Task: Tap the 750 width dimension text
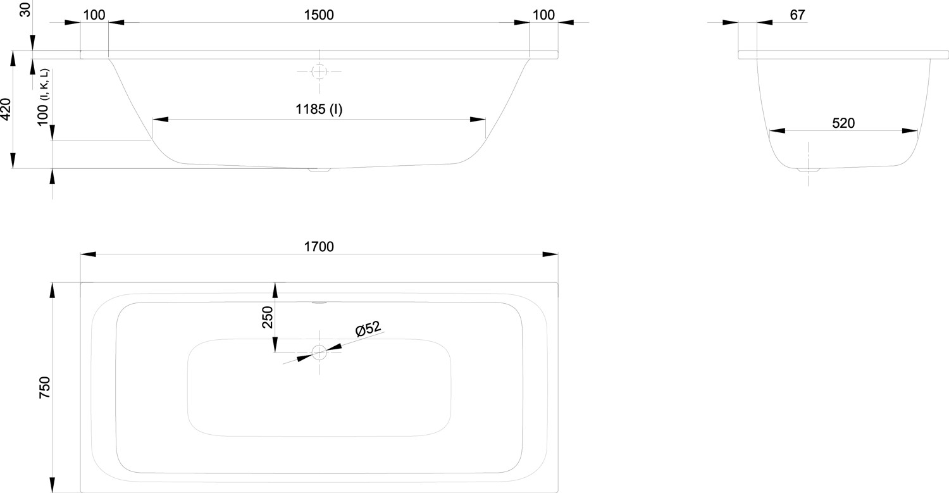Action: pos(44,387)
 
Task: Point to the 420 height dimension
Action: pos(6,109)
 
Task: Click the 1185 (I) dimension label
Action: pos(319,109)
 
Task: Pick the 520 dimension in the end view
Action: pos(843,123)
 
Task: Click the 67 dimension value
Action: pos(797,15)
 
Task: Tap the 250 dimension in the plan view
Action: pos(267,316)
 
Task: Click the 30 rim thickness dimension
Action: pos(25,11)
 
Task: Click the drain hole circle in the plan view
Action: pos(319,353)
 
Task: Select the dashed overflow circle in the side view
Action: pos(319,72)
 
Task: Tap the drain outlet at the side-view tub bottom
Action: pos(319,170)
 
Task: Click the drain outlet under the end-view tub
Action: pos(808,170)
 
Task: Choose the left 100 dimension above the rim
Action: pos(94,15)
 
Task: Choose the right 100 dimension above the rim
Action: pos(543,15)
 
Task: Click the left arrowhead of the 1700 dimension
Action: pos(88,254)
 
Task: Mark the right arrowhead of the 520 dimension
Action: pos(910,131)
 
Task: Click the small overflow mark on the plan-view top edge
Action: pos(319,302)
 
